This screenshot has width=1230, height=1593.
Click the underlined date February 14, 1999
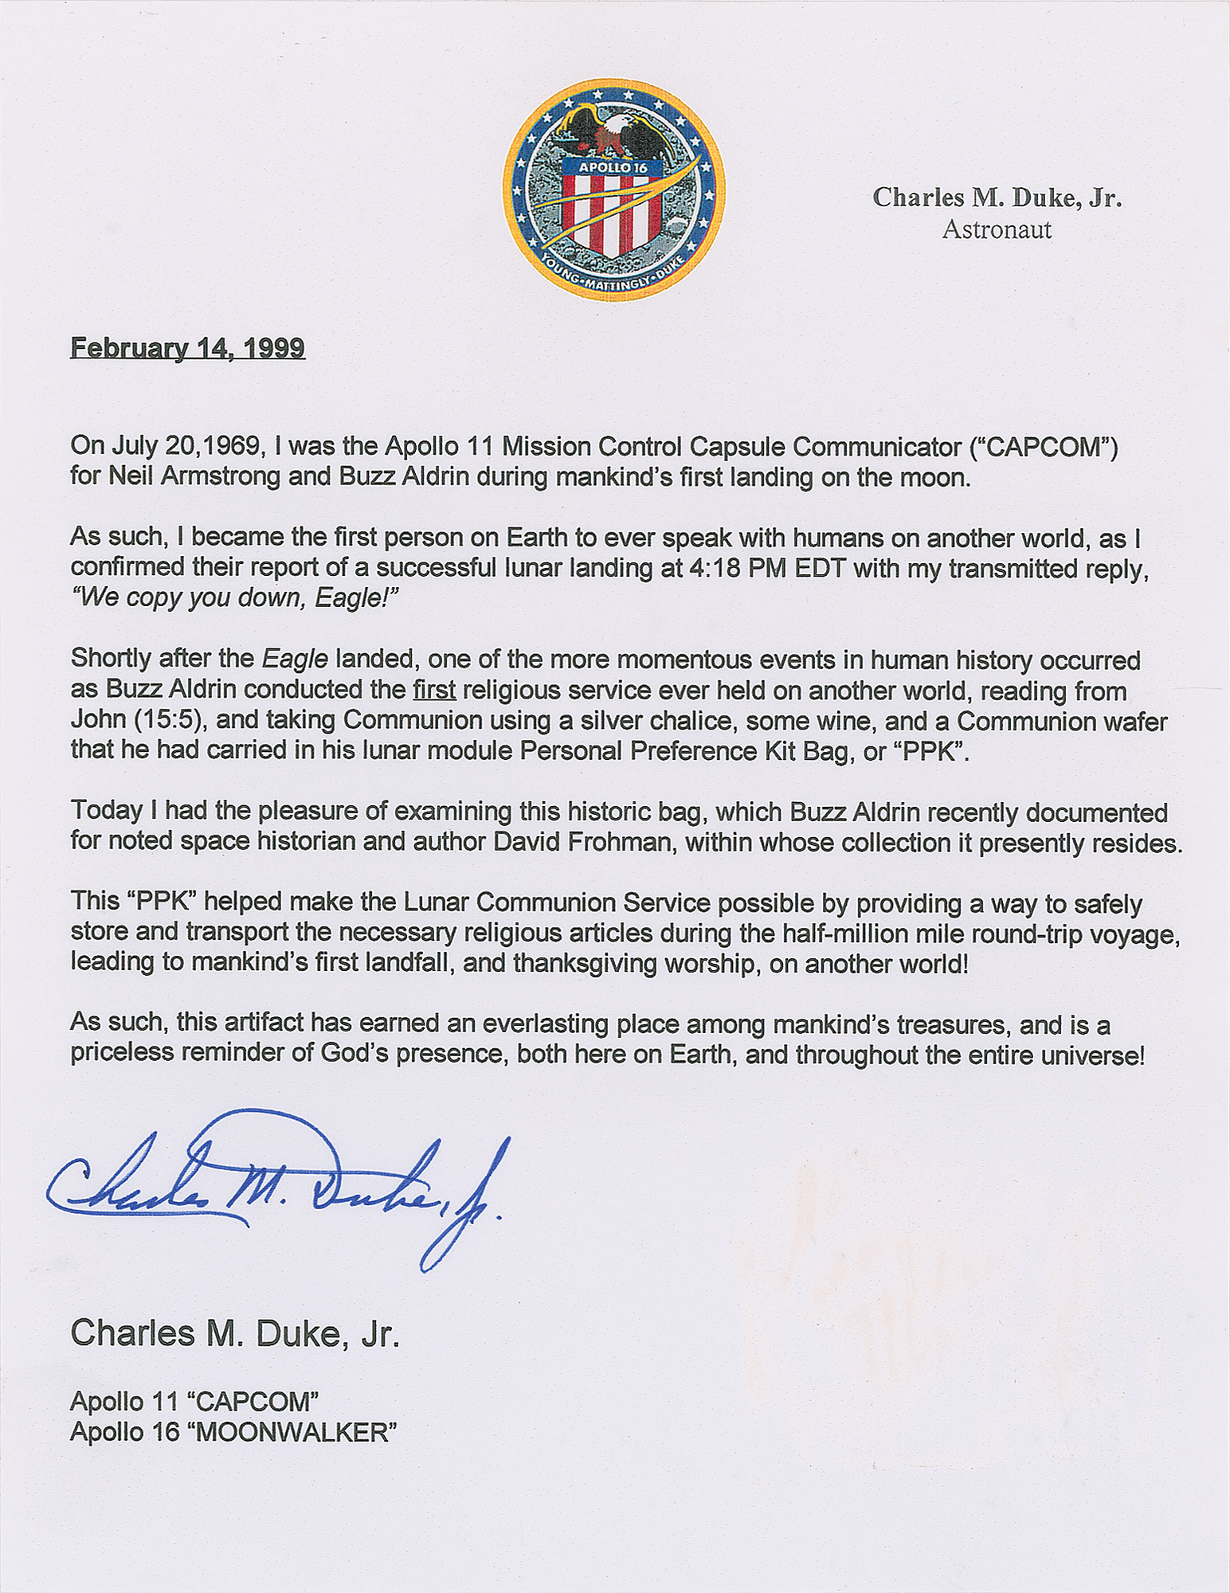187,348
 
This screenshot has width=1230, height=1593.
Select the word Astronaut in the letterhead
997,230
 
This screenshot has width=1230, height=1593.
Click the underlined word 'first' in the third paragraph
434,690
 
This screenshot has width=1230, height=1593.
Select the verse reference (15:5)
163,720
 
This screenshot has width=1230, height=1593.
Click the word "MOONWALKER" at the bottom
296,1432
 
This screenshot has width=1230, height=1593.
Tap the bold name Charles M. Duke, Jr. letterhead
997,197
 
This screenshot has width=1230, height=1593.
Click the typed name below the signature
234,1333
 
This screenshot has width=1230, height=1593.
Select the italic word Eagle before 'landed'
295,660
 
